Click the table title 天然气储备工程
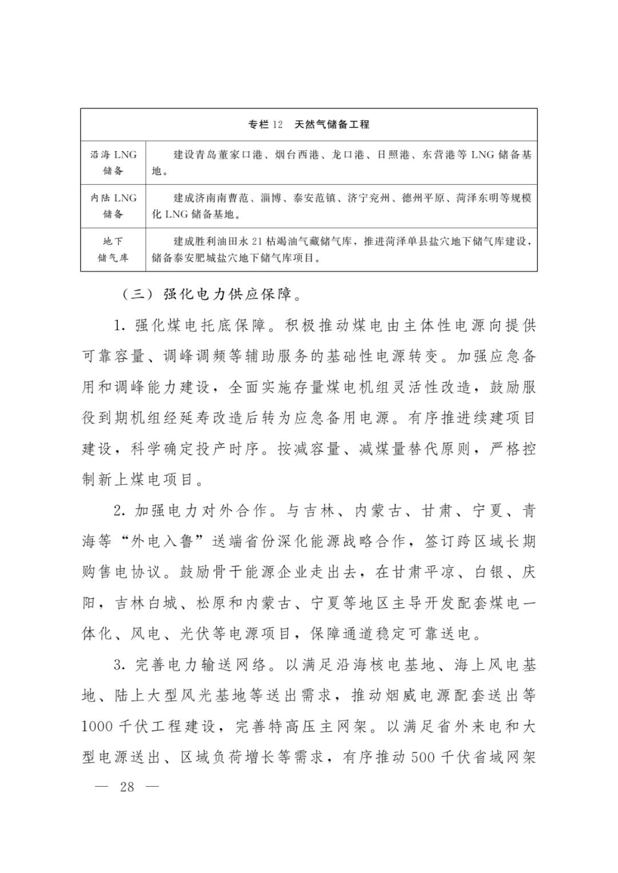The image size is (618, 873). click(332, 125)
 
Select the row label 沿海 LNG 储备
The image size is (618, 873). click(113, 162)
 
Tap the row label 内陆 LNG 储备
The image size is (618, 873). click(113, 206)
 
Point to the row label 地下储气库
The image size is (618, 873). click(113, 249)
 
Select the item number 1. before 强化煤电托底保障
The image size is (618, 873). click(120, 326)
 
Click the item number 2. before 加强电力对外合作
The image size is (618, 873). click(120, 511)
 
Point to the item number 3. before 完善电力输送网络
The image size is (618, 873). click(120, 665)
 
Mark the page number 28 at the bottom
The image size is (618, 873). click(127, 787)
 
